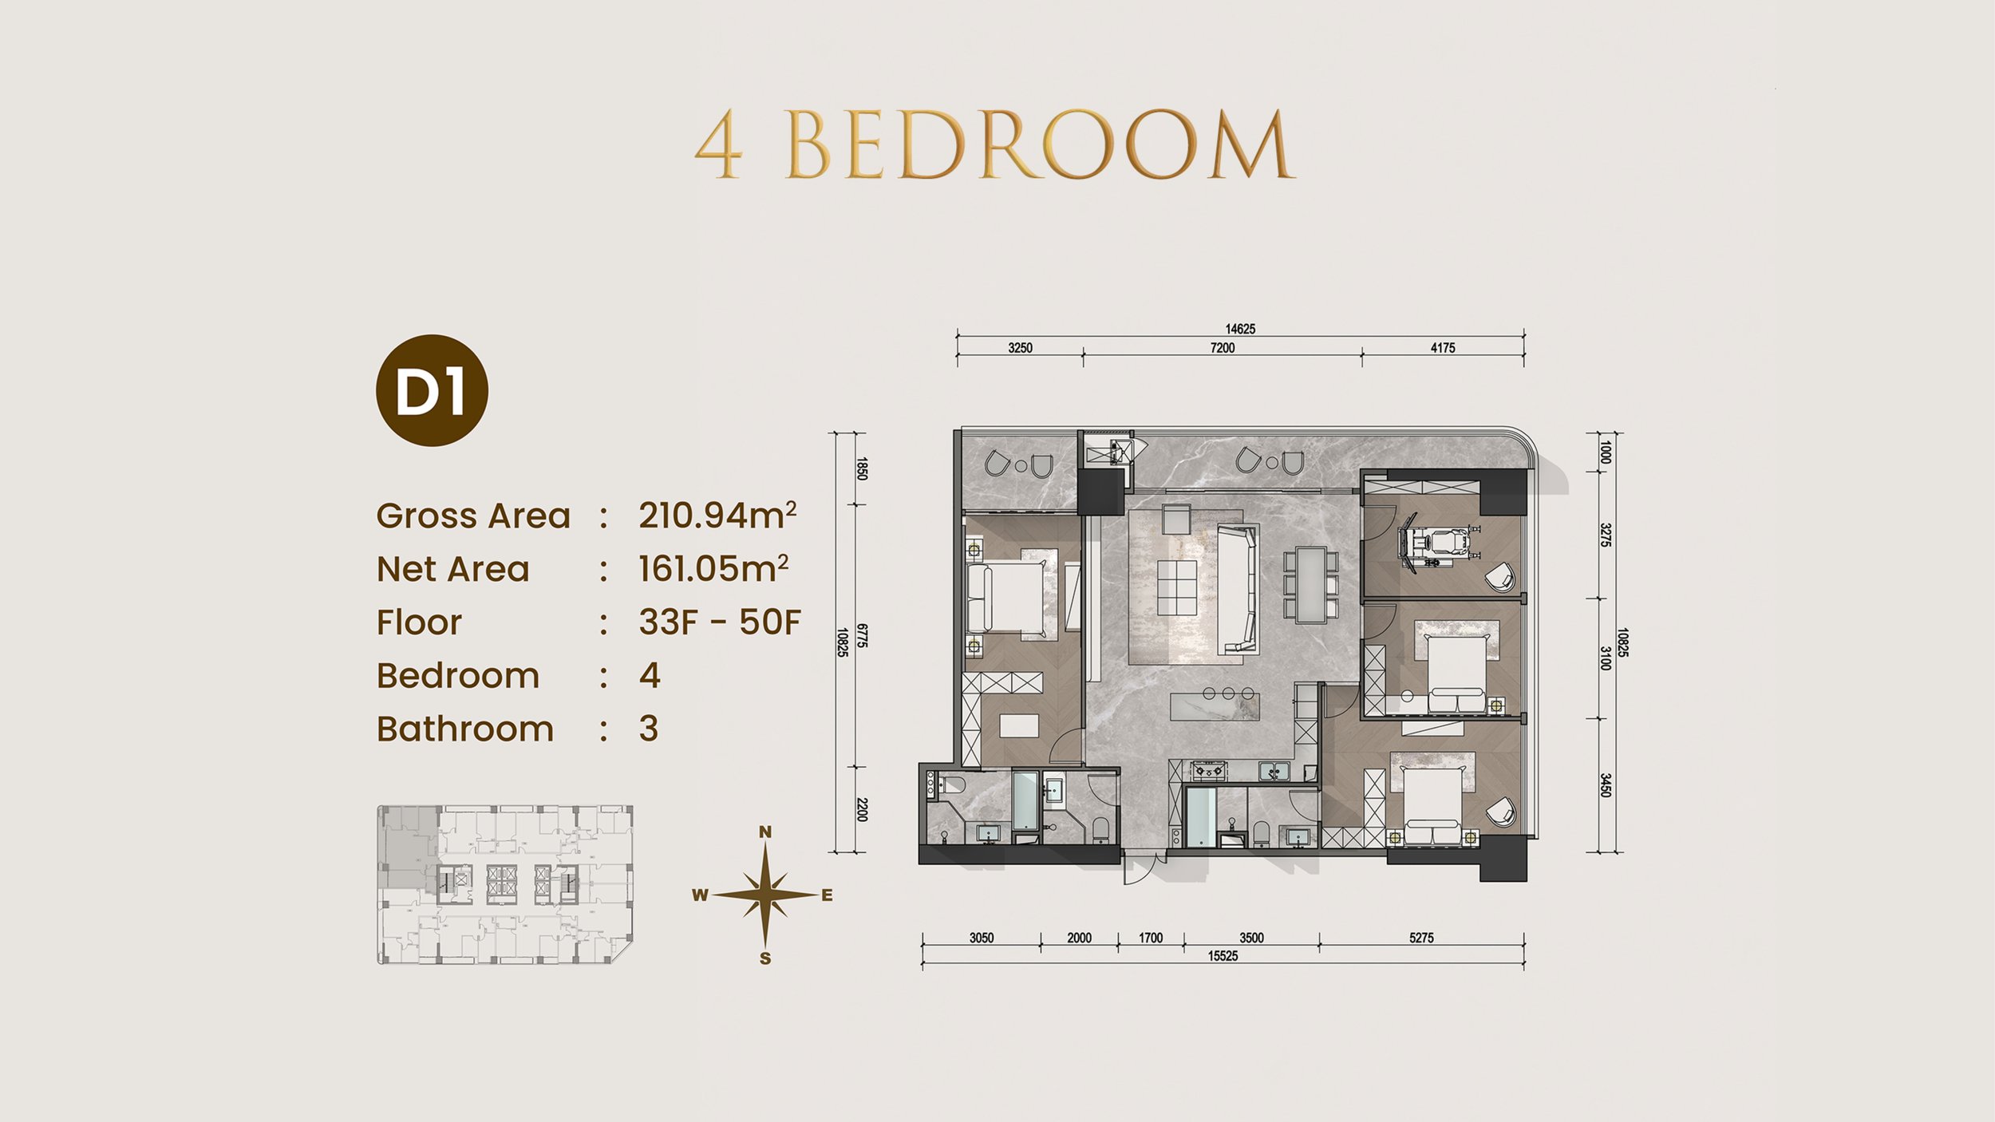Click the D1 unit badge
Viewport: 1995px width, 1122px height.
tap(432, 390)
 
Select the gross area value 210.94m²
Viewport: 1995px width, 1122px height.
tap(717, 516)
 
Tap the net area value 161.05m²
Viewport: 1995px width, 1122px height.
tap(713, 569)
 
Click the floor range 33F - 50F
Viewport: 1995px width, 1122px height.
tap(719, 622)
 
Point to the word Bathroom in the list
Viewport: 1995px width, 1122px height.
tap(464, 729)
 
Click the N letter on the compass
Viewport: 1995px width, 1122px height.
tap(764, 832)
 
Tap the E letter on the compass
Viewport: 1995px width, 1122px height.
tap(827, 895)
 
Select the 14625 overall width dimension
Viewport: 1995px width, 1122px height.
tap(1240, 329)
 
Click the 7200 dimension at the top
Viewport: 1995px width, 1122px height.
tap(1222, 348)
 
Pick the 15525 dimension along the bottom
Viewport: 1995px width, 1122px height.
tap(1223, 956)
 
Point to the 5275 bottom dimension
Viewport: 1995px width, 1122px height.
tap(1421, 938)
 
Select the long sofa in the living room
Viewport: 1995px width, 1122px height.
tap(1238, 589)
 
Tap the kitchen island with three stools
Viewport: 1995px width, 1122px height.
tap(1215, 705)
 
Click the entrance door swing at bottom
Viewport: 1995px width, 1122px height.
tap(1140, 870)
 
